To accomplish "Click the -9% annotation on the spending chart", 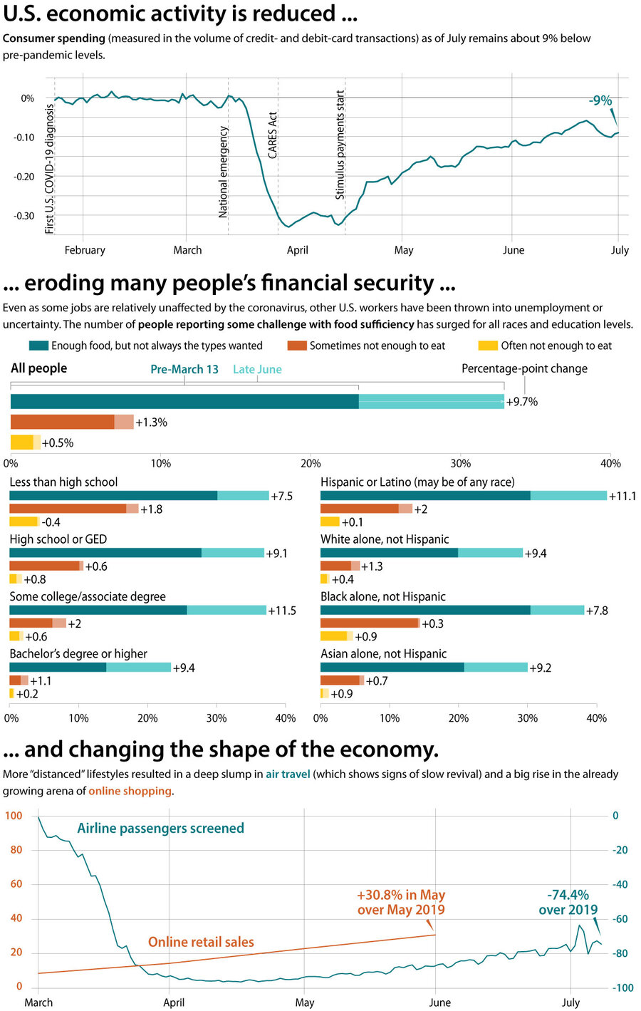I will (x=600, y=100).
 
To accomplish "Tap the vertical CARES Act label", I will (x=273, y=135).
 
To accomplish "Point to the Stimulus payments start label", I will (x=340, y=145).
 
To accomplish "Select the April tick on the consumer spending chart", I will (x=297, y=250).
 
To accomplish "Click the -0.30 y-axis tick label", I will (x=24, y=216).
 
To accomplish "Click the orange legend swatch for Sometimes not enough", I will (x=296, y=346).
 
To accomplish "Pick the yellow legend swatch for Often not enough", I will (x=488, y=346).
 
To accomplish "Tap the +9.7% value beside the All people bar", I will (x=522, y=402).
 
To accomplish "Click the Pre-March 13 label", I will (x=184, y=370).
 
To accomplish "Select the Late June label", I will (x=257, y=370).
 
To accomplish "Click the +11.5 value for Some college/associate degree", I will (x=282, y=611).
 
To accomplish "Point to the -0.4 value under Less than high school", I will (x=51, y=522).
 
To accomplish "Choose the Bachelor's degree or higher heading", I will (x=78, y=653).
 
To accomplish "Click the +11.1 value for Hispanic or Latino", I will (x=622, y=496).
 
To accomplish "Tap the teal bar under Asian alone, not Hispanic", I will (x=424, y=668).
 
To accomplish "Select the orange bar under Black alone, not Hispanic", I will (x=370, y=623).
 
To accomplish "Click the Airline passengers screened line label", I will (x=160, y=828).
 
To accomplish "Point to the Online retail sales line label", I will (x=201, y=942).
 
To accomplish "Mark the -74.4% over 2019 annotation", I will (x=568, y=902).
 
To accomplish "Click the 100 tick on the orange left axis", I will (x=14, y=816).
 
